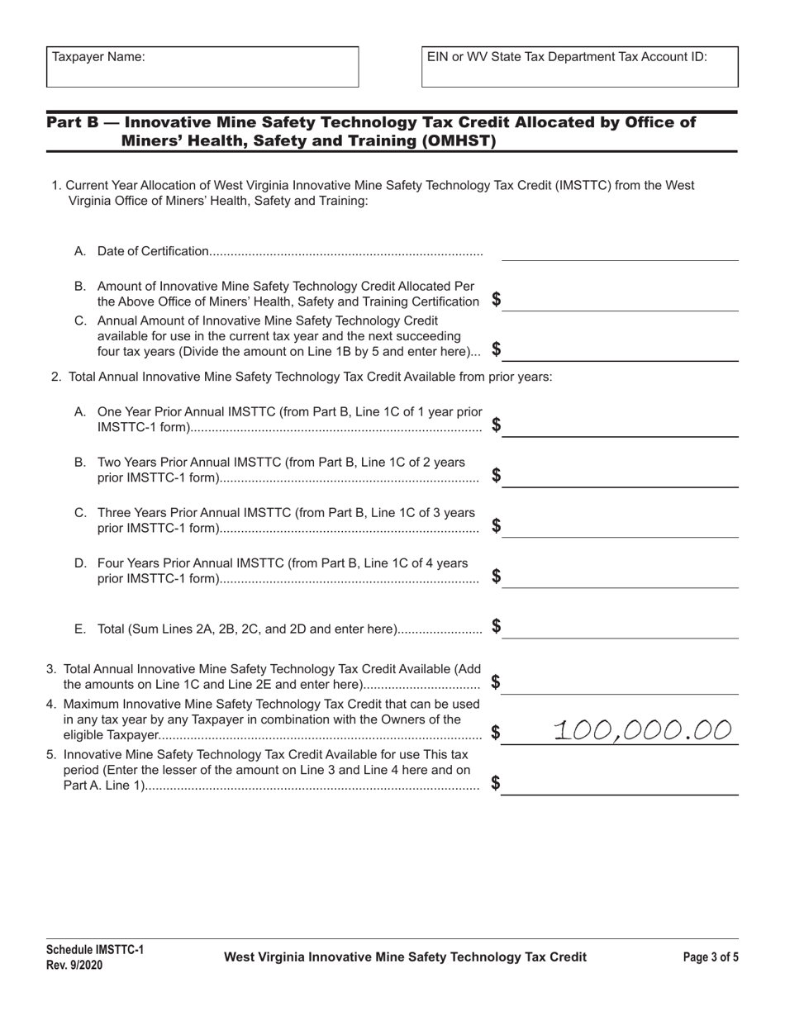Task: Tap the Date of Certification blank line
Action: click(620, 253)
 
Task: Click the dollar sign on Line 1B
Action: click(496, 300)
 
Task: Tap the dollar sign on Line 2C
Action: click(496, 525)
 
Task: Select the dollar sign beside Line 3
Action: click(496, 682)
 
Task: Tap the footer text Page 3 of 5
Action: click(711, 957)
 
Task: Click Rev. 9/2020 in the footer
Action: click(74, 965)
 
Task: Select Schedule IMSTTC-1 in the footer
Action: click(94, 950)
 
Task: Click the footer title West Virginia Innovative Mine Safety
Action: click(405, 957)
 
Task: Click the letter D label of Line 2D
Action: click(80, 563)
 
